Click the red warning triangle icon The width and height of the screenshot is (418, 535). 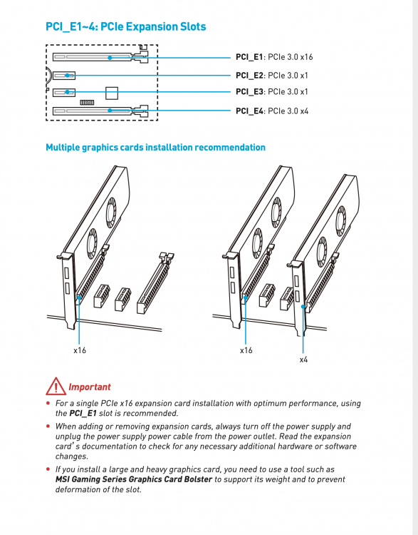tap(56, 386)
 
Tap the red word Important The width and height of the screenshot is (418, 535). tap(90, 387)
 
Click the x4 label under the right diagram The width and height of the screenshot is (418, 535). tap(303, 360)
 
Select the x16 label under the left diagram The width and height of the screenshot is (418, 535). tap(80, 350)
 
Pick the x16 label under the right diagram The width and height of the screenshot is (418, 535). tap(246, 350)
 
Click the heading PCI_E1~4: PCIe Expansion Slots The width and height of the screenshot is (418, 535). tap(126, 26)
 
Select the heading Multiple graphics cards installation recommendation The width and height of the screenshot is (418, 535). tap(155, 148)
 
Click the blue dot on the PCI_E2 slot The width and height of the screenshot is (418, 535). tap(68, 76)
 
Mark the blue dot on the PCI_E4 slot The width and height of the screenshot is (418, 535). tap(110, 111)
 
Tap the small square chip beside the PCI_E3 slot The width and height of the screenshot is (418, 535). tap(112, 93)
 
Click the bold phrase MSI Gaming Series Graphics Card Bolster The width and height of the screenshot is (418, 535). tap(134, 479)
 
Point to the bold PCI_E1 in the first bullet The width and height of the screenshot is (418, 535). tap(83, 413)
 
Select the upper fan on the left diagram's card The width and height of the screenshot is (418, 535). tap(110, 213)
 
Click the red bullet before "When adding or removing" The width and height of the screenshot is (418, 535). tap(48, 426)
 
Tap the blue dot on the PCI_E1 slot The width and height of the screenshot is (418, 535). tap(110, 58)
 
